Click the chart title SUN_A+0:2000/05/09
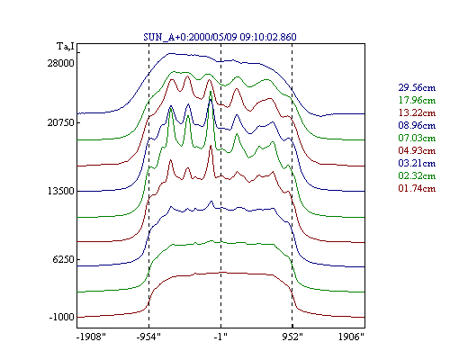(190, 37)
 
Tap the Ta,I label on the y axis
(66, 47)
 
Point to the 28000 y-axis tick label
(60, 63)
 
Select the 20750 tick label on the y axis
(60, 122)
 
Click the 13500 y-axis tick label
(60, 191)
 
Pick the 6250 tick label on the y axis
(63, 259)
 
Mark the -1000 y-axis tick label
(61, 317)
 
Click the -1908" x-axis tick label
(91, 337)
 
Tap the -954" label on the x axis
(148, 337)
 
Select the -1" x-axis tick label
(220, 337)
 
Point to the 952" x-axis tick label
(292, 337)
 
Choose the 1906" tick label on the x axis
(351, 337)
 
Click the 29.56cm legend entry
(417, 87)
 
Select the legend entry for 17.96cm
(417, 100)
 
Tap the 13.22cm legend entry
(417, 112)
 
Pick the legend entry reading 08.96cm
(417, 125)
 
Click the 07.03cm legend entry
(417, 138)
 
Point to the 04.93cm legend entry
(417, 150)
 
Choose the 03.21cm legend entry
(417, 163)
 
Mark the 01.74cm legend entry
(417, 188)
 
